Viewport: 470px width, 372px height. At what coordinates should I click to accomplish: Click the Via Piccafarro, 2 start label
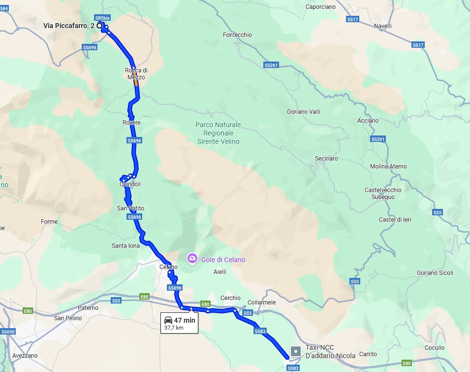point(69,26)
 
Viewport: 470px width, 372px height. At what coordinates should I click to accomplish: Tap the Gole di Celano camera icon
point(192,258)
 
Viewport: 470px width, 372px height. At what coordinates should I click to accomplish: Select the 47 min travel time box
point(180,323)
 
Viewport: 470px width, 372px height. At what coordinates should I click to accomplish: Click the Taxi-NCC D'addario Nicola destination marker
point(295,351)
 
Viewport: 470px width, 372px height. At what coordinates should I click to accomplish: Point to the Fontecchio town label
point(237,35)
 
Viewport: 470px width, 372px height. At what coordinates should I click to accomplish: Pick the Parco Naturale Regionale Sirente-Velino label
point(218,133)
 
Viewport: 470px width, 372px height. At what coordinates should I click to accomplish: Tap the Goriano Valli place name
point(304,112)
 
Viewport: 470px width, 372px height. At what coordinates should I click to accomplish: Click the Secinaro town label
point(326,159)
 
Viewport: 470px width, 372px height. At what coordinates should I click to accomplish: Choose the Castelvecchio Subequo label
point(383,194)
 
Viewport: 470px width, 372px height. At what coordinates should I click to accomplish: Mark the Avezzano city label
point(25,356)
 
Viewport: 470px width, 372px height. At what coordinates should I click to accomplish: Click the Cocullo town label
point(434,348)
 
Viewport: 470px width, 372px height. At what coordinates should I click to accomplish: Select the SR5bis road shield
point(103,18)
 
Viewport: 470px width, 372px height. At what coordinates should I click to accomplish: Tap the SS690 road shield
point(8,332)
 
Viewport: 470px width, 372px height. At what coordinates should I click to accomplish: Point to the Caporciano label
point(320,7)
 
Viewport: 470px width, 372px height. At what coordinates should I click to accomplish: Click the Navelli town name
point(383,26)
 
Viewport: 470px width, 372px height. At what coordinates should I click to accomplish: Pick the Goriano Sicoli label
point(435,273)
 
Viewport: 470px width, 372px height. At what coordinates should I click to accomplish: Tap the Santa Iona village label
point(125,246)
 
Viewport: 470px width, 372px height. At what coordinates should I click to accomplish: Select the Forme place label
point(49,222)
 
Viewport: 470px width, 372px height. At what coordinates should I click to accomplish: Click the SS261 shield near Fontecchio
point(271,65)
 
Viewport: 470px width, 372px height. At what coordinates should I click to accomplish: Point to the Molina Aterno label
point(388,167)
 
